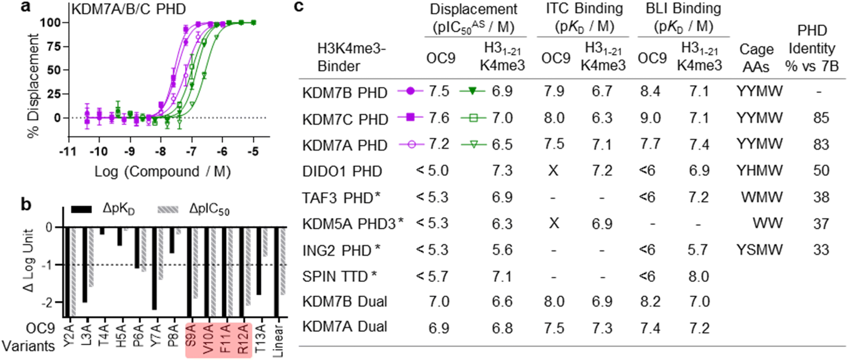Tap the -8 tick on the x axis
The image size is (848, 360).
point(160,151)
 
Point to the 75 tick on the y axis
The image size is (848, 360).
point(53,46)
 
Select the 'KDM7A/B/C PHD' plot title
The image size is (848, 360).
point(128,9)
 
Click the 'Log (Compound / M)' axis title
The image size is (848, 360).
point(162,171)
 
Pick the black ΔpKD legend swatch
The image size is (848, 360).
point(81,209)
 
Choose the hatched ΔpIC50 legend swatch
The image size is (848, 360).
point(168,209)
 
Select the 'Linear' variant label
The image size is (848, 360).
point(278,341)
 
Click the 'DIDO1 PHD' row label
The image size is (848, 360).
point(342,171)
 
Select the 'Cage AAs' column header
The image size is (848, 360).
point(756,58)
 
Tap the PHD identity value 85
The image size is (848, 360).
point(821,118)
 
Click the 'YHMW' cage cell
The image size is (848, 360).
point(759,171)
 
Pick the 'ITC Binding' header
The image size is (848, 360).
point(584,9)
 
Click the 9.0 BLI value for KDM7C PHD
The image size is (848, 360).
point(650,118)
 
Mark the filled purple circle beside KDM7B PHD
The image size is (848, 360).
point(410,91)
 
